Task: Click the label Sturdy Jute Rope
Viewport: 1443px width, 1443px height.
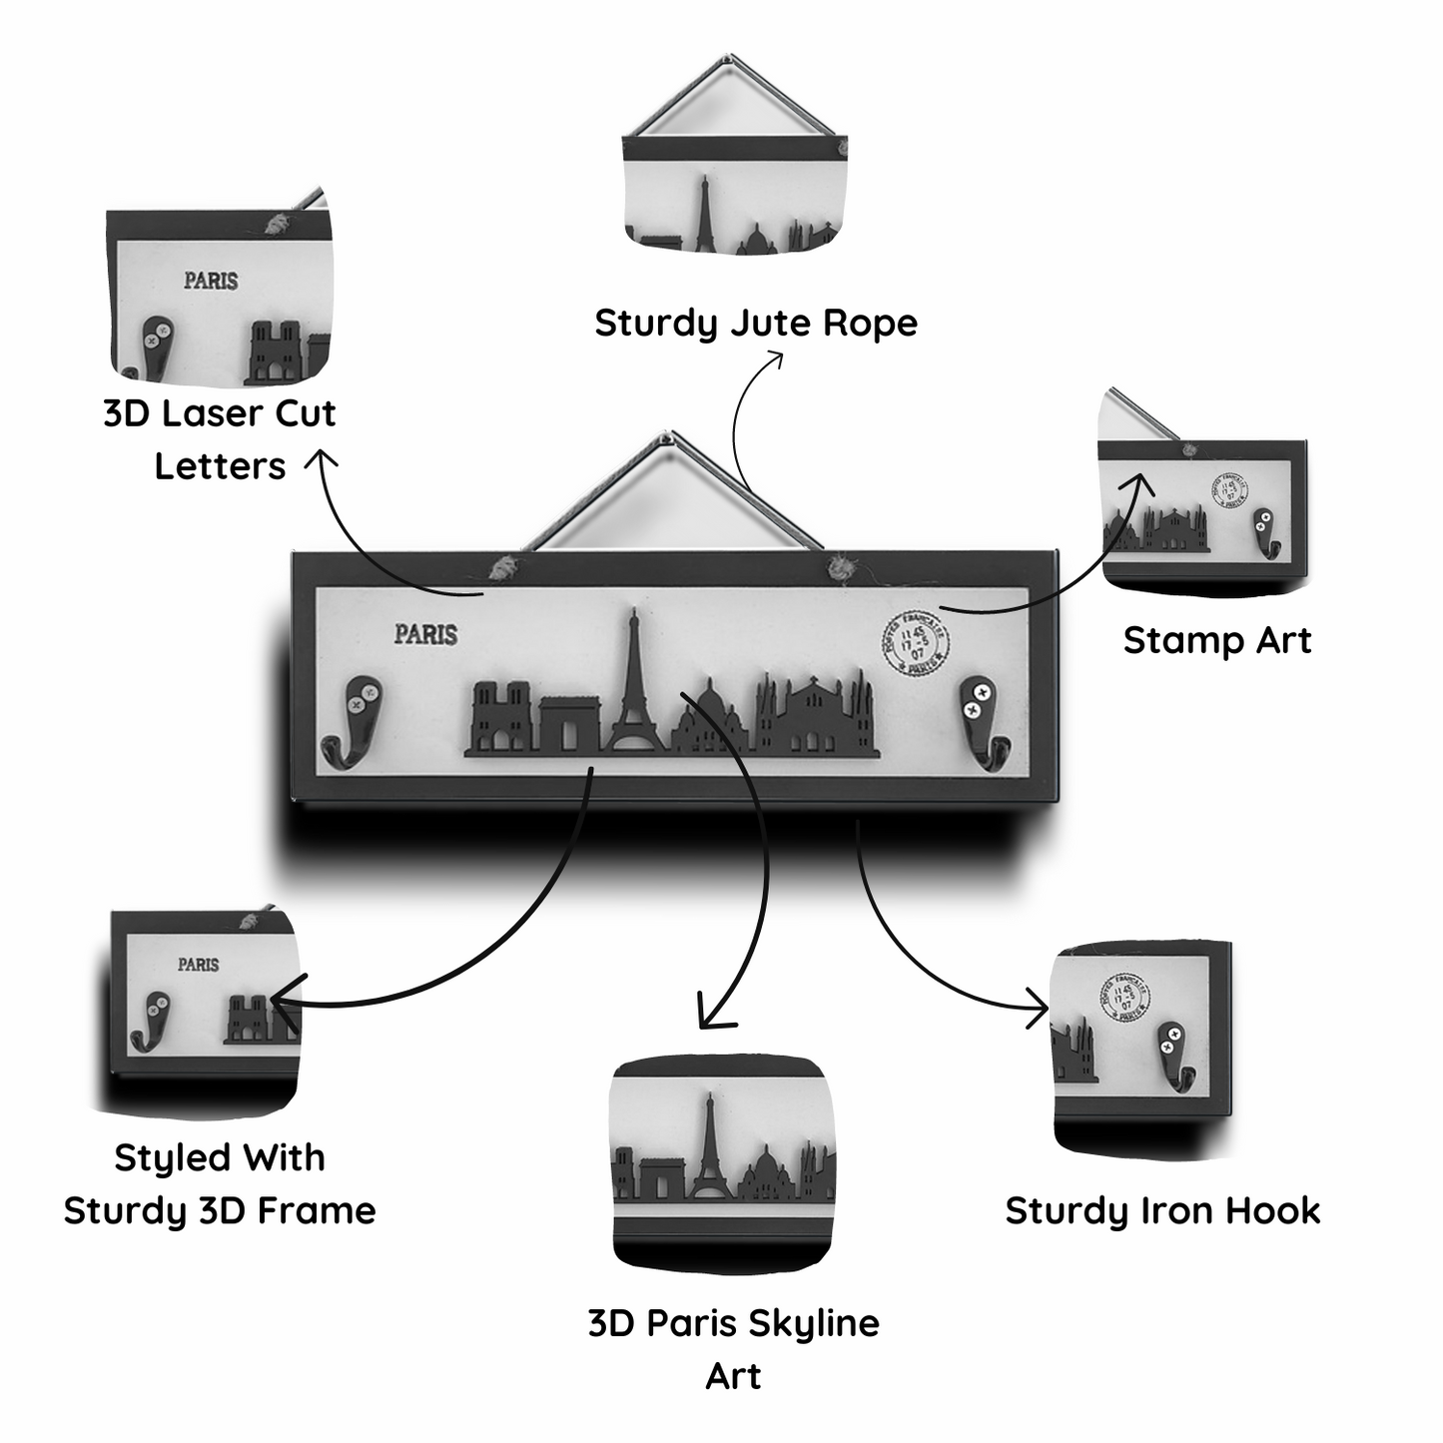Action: click(x=756, y=323)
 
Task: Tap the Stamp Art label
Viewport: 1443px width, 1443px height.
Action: click(x=1217, y=640)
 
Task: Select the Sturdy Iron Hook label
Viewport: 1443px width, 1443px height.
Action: click(x=1162, y=1210)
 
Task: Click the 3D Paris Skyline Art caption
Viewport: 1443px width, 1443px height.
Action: click(x=734, y=1348)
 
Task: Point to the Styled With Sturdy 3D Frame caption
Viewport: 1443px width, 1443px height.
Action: click(x=220, y=1184)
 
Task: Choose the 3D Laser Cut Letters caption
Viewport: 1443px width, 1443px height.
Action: click(x=220, y=439)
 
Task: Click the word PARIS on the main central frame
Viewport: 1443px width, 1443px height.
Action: click(x=425, y=634)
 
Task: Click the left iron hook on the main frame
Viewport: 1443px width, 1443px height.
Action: click(x=354, y=721)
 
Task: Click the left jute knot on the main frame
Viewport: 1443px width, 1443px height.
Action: click(x=502, y=570)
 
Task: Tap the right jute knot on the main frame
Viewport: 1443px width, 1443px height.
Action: click(x=841, y=570)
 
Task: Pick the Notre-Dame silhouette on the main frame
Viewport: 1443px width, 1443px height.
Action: click(x=501, y=714)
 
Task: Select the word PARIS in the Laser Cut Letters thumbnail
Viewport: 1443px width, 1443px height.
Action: click(x=211, y=281)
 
